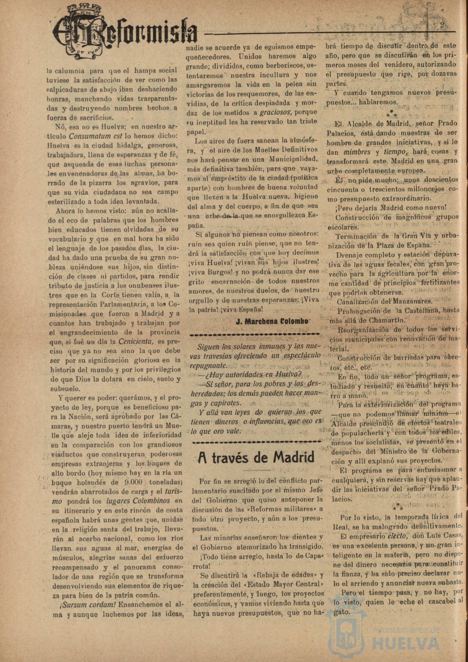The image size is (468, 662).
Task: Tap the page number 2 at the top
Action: click(x=442, y=24)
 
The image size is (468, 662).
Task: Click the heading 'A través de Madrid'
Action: click(x=256, y=458)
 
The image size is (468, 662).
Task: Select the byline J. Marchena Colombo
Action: click(x=272, y=321)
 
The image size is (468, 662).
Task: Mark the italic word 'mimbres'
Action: click(x=357, y=152)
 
